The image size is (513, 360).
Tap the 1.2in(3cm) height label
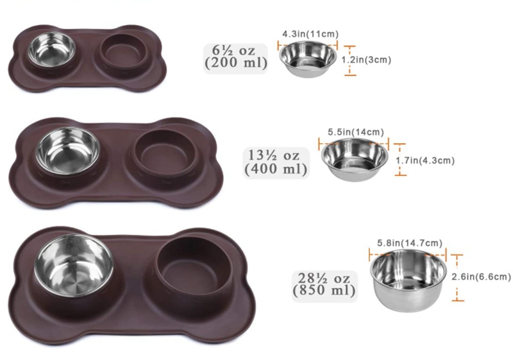(x=366, y=60)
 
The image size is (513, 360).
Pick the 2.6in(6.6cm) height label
(x=481, y=277)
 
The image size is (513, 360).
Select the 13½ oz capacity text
(x=274, y=156)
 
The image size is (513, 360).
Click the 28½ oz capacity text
(x=324, y=278)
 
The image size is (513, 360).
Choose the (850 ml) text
(x=324, y=291)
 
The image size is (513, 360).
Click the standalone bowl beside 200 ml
(x=308, y=60)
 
